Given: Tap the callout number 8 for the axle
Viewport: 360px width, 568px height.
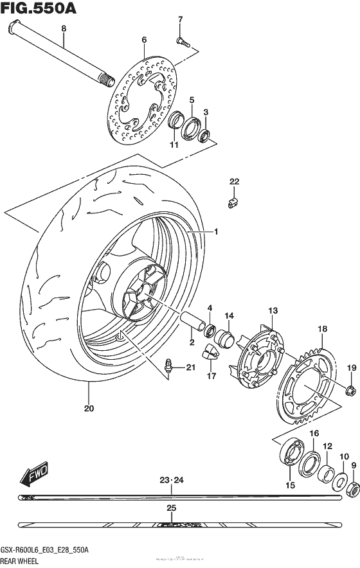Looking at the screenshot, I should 64,28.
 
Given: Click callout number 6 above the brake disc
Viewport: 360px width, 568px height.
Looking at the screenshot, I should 145,40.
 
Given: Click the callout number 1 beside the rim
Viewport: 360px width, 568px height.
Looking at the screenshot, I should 217,231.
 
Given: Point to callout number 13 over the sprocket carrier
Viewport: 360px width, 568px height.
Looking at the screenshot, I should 273,311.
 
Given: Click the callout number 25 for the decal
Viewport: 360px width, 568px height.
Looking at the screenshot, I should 170,508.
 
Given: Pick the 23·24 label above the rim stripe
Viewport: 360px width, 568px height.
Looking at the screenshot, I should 171,480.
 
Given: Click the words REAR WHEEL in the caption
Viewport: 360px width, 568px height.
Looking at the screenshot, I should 21,561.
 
